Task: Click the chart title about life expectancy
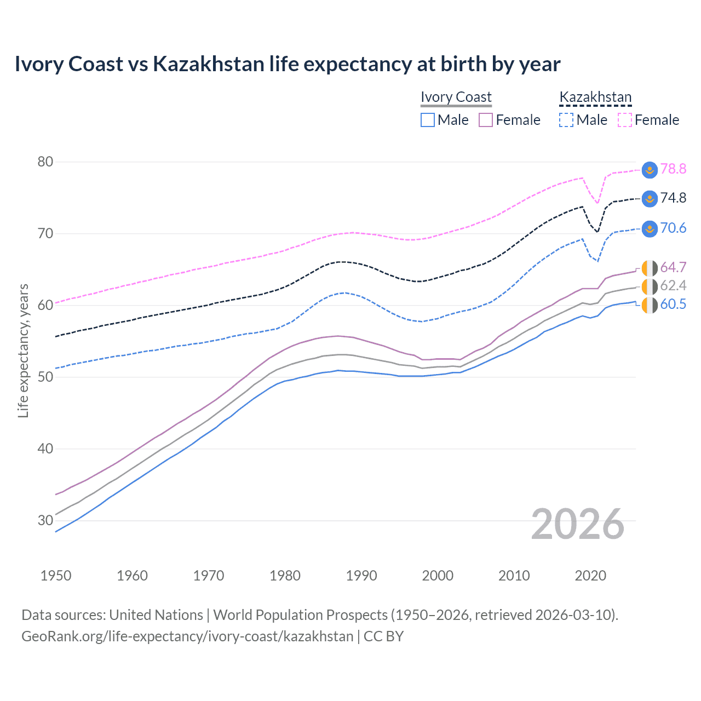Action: point(288,64)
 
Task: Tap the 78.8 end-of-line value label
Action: point(673,169)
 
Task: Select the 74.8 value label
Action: point(673,198)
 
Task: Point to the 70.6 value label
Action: point(673,228)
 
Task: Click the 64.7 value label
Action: point(673,267)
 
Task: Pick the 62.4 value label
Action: point(673,285)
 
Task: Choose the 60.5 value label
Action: point(673,304)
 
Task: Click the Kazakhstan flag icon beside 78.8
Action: point(650,169)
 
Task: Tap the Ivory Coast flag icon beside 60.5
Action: point(650,306)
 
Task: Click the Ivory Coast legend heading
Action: point(456,97)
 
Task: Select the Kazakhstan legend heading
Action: point(595,97)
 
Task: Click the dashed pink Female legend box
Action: point(625,120)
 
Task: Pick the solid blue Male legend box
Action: point(428,120)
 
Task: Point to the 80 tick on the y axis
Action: point(45,162)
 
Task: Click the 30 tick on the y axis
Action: point(45,520)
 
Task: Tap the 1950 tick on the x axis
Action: point(56,576)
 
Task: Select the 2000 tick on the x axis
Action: point(438,576)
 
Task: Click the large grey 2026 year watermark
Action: point(578,524)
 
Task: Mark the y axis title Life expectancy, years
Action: point(23,350)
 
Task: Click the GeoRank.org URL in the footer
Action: point(187,636)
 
